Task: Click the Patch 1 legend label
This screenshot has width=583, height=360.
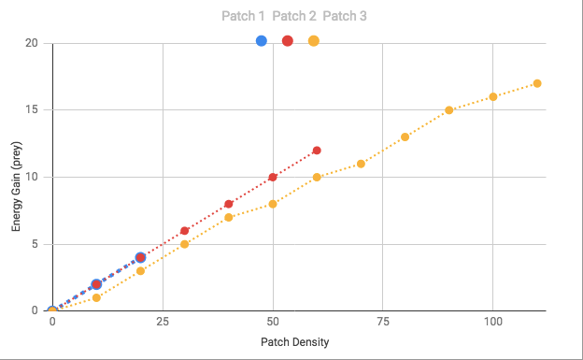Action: pyautogui.click(x=243, y=16)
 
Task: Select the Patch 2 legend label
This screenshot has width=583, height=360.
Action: pyautogui.click(x=294, y=16)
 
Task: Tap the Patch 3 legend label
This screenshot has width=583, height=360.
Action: pyautogui.click(x=345, y=16)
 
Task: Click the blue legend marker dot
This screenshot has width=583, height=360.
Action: pyautogui.click(x=262, y=41)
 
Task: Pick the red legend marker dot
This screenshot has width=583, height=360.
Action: pyautogui.click(x=288, y=41)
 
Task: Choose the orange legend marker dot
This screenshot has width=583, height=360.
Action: pyautogui.click(x=314, y=41)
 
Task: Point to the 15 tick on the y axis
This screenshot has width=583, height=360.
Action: pyautogui.click(x=32, y=109)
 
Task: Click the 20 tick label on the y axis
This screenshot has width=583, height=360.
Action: pyautogui.click(x=32, y=43)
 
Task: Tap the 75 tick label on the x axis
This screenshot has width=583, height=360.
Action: pyautogui.click(x=383, y=322)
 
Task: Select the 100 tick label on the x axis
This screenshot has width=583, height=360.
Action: pyautogui.click(x=493, y=322)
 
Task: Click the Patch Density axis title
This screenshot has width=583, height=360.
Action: pyautogui.click(x=295, y=342)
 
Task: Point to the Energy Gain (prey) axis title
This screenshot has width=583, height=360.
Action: pyautogui.click(x=16, y=186)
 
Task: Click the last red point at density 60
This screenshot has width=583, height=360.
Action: pyautogui.click(x=317, y=151)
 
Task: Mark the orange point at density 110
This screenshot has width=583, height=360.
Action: pyautogui.click(x=537, y=83)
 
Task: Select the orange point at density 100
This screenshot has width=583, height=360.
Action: pyautogui.click(x=493, y=97)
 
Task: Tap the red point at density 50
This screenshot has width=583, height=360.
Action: pyautogui.click(x=273, y=178)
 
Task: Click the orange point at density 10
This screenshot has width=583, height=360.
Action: pyautogui.click(x=96, y=298)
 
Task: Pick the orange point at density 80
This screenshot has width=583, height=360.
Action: pyautogui.click(x=405, y=137)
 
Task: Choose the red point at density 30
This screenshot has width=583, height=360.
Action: pyautogui.click(x=184, y=231)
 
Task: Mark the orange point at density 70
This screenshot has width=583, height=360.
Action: pyautogui.click(x=361, y=164)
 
